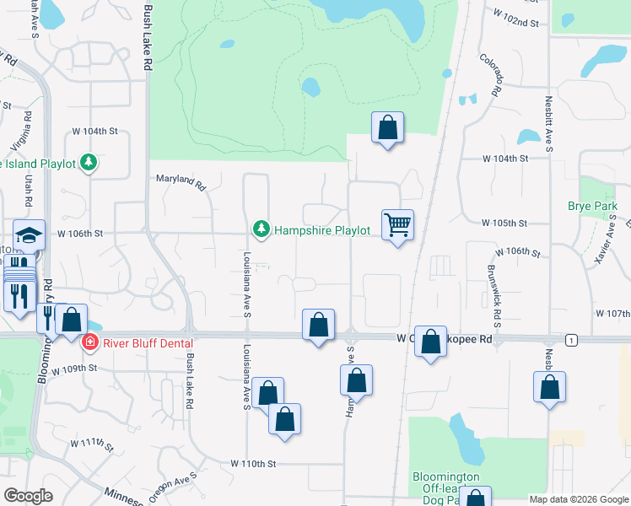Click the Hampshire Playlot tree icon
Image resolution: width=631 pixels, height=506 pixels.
click(x=262, y=229)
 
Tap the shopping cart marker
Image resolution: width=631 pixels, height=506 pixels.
click(x=397, y=225)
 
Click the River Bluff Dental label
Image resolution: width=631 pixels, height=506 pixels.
click(x=148, y=342)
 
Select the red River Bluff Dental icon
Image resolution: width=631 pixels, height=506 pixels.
click(x=89, y=342)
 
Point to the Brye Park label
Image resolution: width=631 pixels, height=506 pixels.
click(x=592, y=206)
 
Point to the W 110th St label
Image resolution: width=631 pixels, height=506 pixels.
click(x=254, y=464)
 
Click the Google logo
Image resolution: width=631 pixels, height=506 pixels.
click(x=28, y=495)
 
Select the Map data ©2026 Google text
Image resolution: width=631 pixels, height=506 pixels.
click(x=578, y=499)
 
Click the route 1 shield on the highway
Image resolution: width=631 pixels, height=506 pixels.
click(x=572, y=339)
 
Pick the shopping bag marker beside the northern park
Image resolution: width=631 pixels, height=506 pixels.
click(x=387, y=128)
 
